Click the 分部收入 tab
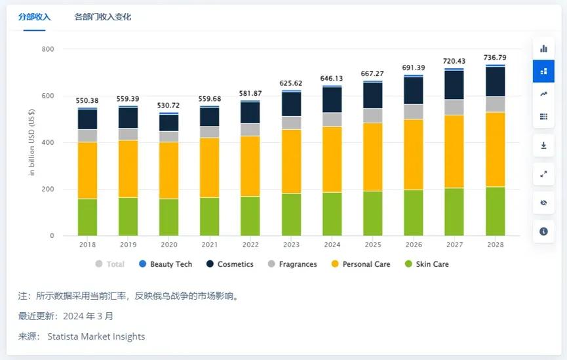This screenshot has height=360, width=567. pos(34,17)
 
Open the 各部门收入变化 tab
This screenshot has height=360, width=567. pos(103,17)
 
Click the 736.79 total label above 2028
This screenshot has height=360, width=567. pos(495,58)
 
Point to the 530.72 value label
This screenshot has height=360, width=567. pos(169,106)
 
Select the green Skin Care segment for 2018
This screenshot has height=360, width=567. pos(87,217)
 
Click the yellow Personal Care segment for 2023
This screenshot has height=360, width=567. pos(291,161)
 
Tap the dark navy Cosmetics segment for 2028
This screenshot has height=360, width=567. pos(495,81)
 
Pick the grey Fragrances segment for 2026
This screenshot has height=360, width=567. pos(414,111)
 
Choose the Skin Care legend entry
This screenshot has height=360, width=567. pos(427,264)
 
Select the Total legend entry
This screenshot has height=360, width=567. pos(110,264)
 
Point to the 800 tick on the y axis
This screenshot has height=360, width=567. pos(47,49)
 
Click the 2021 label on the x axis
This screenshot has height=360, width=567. pos(210,245)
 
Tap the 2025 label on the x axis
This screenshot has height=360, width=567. pos(373,245)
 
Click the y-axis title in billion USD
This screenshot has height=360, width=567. pos(31,142)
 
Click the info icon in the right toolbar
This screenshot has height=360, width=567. pos(543,231)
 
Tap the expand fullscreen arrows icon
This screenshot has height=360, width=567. pos(543,174)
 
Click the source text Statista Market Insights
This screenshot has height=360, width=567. pos(96,336)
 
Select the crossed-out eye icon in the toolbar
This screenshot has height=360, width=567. pos(543,203)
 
